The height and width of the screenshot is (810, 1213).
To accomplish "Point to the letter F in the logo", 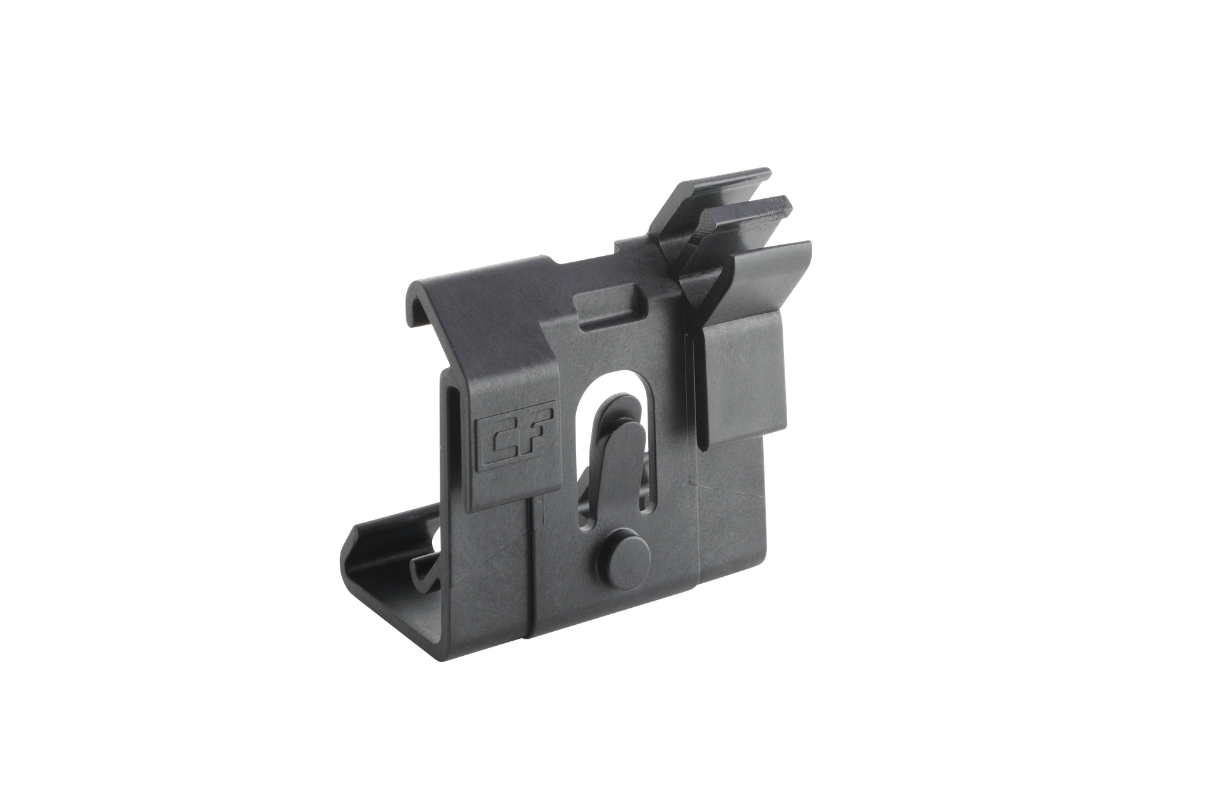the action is (x=532, y=437).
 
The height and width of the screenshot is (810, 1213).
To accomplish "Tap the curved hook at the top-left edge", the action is (x=419, y=303).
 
